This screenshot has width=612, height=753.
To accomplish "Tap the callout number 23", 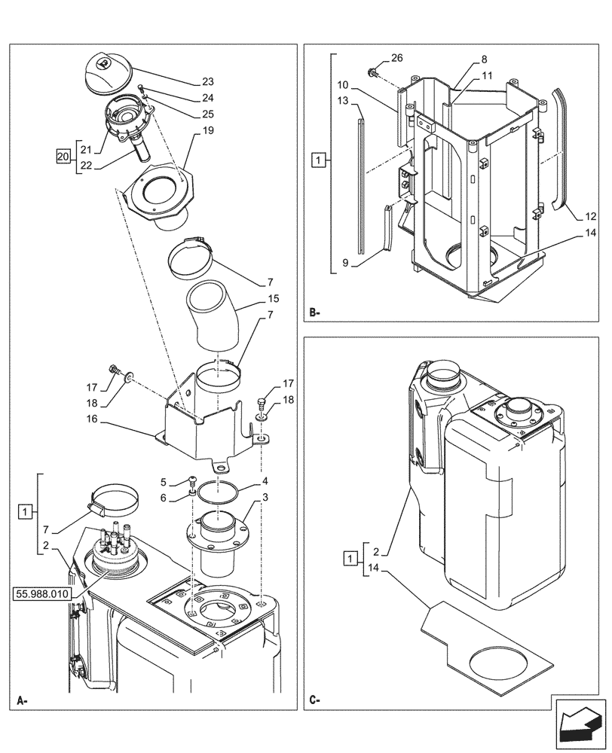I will tap(207, 82).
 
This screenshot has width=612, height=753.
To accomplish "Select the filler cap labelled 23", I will tap(105, 73).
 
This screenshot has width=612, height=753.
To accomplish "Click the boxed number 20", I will tap(65, 156).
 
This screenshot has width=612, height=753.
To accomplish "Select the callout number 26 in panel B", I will tap(396, 59).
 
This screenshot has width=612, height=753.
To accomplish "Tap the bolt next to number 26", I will tap(372, 72).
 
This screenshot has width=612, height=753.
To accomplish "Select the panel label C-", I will tap(315, 700).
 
